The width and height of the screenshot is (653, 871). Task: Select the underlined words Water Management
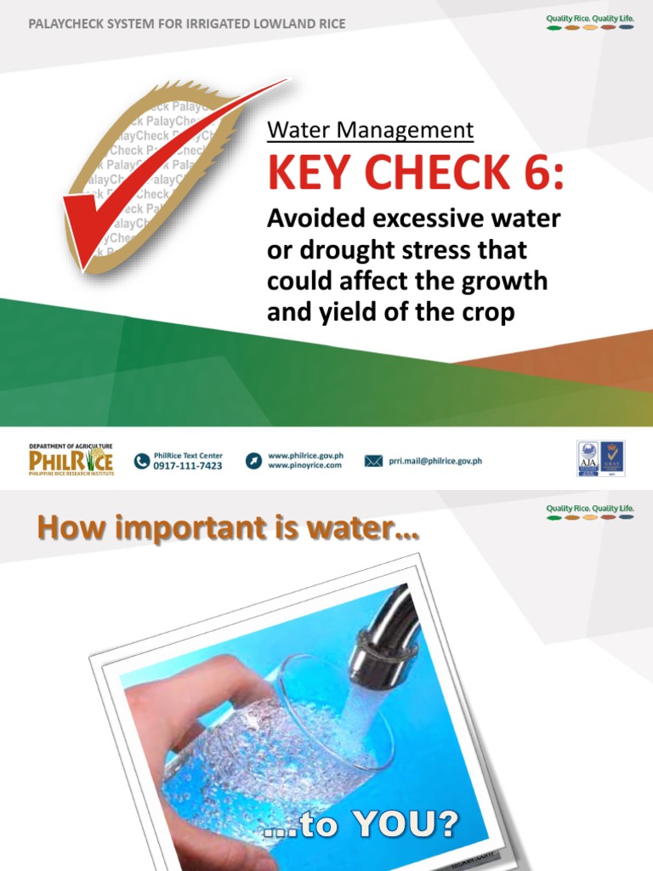[370, 130]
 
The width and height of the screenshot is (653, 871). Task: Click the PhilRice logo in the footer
[71, 460]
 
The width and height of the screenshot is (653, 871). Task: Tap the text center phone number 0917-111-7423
[188, 466]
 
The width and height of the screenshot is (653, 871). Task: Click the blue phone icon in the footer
[142, 461]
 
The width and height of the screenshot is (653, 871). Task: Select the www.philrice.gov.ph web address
[305, 456]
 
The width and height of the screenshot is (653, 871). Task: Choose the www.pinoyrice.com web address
[304, 466]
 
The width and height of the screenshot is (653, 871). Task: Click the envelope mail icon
[373, 461]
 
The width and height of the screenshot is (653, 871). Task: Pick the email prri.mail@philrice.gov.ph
[435, 461]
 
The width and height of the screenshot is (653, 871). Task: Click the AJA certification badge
[588, 458]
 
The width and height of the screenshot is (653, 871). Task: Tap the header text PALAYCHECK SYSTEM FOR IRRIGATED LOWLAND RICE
[187, 24]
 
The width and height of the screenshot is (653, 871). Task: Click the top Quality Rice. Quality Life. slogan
[589, 18]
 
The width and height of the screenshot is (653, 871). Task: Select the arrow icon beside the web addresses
[253, 461]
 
